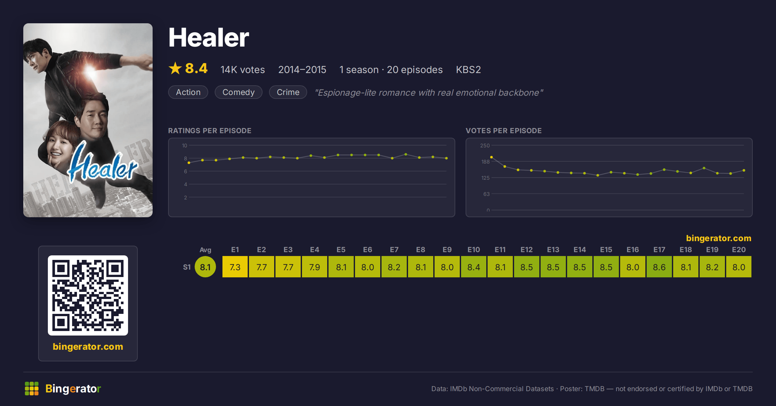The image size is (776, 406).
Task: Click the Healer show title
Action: tap(209, 38)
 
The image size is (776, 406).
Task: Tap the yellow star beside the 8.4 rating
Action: tap(175, 68)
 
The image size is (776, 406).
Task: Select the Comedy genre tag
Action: tap(239, 92)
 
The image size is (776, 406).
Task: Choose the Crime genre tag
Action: tap(288, 92)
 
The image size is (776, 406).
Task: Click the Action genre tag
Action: tap(188, 92)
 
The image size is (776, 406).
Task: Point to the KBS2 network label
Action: tap(468, 69)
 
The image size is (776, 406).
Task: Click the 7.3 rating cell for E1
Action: tap(235, 267)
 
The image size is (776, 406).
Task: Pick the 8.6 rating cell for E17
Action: tap(659, 267)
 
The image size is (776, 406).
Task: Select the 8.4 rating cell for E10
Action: tap(474, 267)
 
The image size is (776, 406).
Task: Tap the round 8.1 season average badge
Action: tap(205, 267)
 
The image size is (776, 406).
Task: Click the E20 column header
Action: tap(739, 250)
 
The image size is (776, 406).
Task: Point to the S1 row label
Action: tap(187, 267)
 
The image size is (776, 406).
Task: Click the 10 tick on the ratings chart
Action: tap(185, 145)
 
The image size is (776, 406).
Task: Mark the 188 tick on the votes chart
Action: tap(485, 162)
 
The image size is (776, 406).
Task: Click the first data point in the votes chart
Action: tap(491, 157)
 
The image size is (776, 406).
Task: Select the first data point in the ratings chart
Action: tap(189, 163)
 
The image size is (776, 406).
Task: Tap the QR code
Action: tap(88, 295)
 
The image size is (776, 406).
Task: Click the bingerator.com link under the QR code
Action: tap(88, 347)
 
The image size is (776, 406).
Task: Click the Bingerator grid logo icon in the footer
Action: tap(32, 389)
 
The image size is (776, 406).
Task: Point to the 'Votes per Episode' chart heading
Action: tap(504, 131)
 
